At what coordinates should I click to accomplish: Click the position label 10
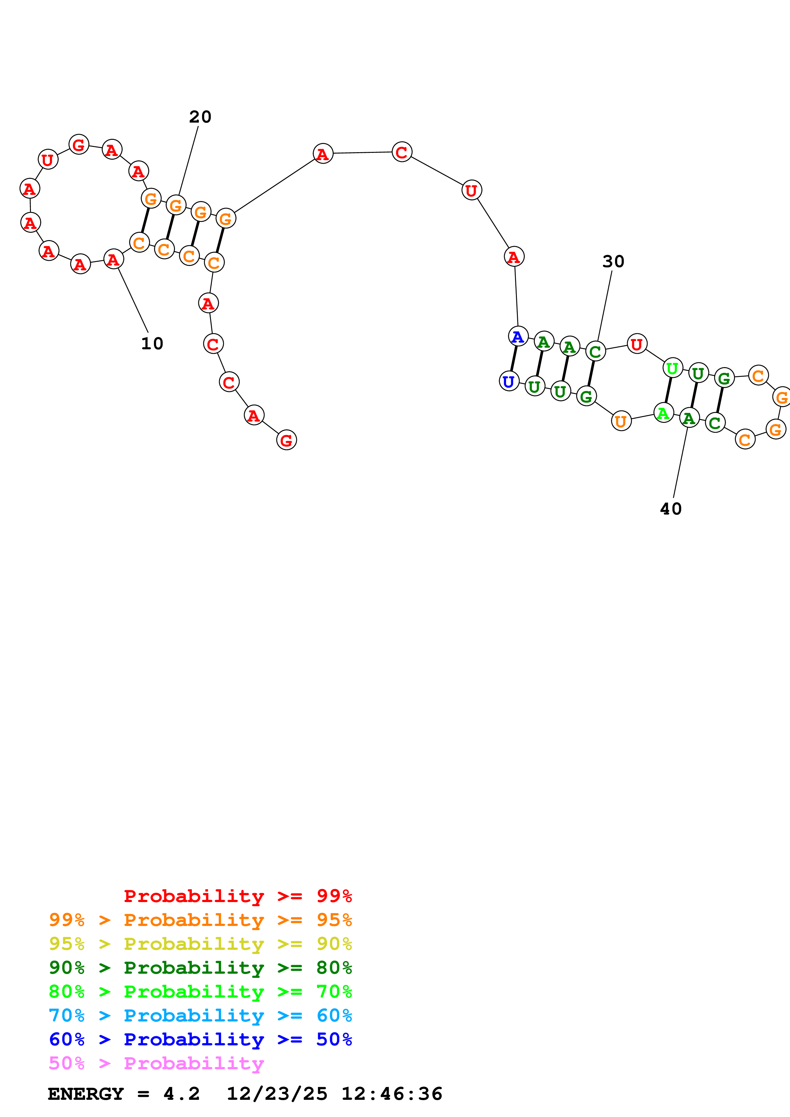152,344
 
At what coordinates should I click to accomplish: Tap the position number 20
200,117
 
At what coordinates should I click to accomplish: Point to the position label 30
613,261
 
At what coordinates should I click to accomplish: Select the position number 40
670,509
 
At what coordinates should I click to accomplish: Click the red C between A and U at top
402,152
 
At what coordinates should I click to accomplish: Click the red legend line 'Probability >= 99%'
237,896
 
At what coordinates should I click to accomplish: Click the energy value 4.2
181,1094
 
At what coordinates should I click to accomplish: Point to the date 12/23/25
277,1094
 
